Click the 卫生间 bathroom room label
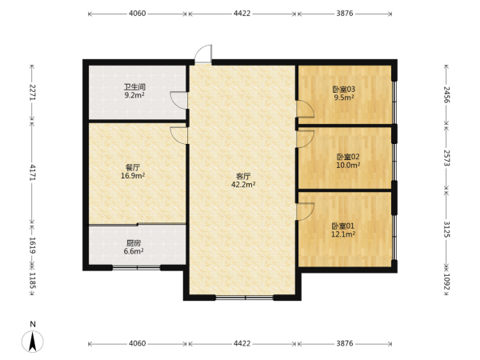pos(134,87)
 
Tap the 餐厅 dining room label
pos(133,168)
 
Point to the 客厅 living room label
pos(243,176)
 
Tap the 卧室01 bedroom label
pos(343,226)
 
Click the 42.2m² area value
pos(243,185)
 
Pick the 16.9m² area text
pos(133,176)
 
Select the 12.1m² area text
pos(343,234)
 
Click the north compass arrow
pos(33,342)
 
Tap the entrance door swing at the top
pos(203,54)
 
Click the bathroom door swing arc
pos(178,100)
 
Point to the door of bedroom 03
pos(306,109)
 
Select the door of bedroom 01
pos(306,211)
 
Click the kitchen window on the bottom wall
pos(137,268)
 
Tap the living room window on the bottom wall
pos(245,298)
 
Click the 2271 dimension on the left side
pos(32,93)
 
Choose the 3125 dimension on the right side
pos(446,230)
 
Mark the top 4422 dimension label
pos(242,14)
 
